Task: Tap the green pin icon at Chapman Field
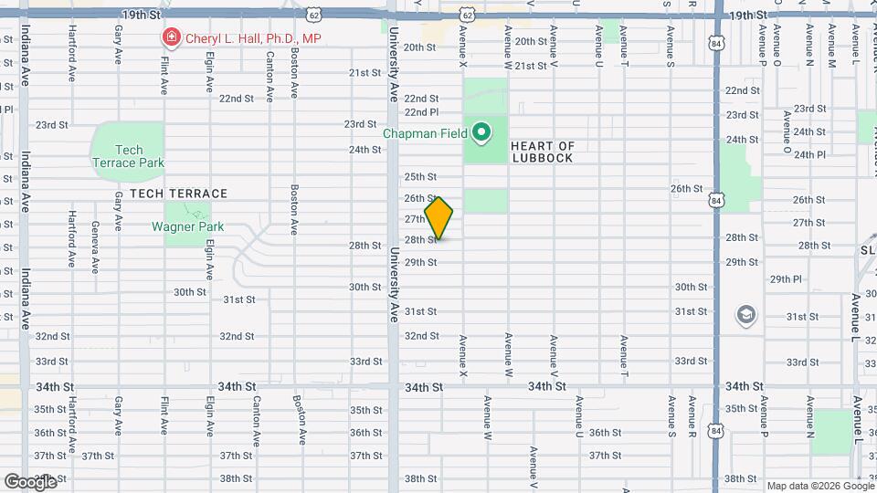coord(481,134)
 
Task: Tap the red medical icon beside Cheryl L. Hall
coord(169,38)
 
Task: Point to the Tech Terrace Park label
coord(129,156)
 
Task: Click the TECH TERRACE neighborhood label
coord(178,194)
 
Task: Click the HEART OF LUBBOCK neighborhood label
coord(542,152)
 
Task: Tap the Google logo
coord(30,481)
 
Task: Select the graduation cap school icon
coord(746,315)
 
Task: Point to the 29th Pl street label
coord(785,279)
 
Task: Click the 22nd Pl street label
coord(422,112)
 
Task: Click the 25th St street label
coord(421,176)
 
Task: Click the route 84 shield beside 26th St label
coord(717,200)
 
